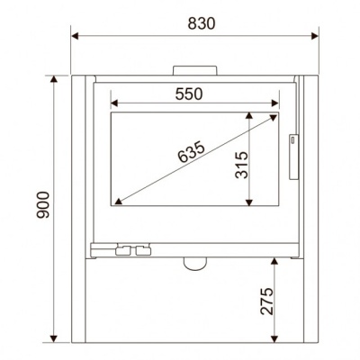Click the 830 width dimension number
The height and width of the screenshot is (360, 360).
pos(202,23)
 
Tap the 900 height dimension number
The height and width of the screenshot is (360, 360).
pos(42,205)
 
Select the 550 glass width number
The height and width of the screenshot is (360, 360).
pos(189,94)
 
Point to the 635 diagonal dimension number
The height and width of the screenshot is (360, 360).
pos(191,152)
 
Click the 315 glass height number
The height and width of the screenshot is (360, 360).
pos(242,166)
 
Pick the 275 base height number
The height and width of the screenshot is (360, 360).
pos(267,301)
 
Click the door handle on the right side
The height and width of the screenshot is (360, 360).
pos(293,157)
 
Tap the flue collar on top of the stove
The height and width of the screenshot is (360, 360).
pos(194,70)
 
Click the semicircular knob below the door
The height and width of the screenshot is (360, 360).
pos(195,264)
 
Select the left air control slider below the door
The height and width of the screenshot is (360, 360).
pos(123,250)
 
